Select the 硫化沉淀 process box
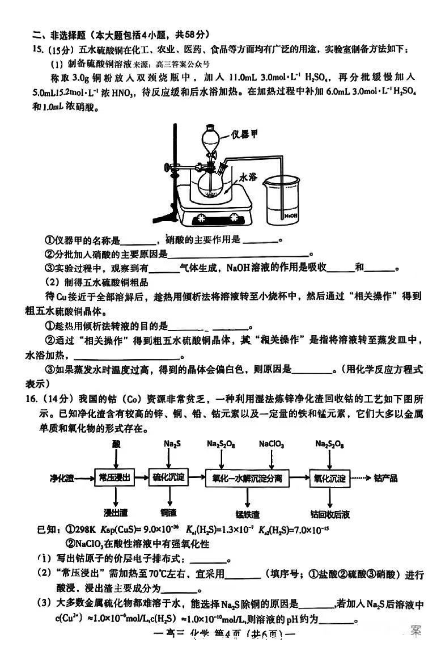[x=169, y=478]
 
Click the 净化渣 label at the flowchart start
[x=62, y=478]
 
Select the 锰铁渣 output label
[x=248, y=514]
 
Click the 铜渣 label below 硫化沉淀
[x=169, y=514]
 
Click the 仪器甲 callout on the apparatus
[x=245, y=134]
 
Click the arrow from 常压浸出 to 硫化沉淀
[x=141, y=478]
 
